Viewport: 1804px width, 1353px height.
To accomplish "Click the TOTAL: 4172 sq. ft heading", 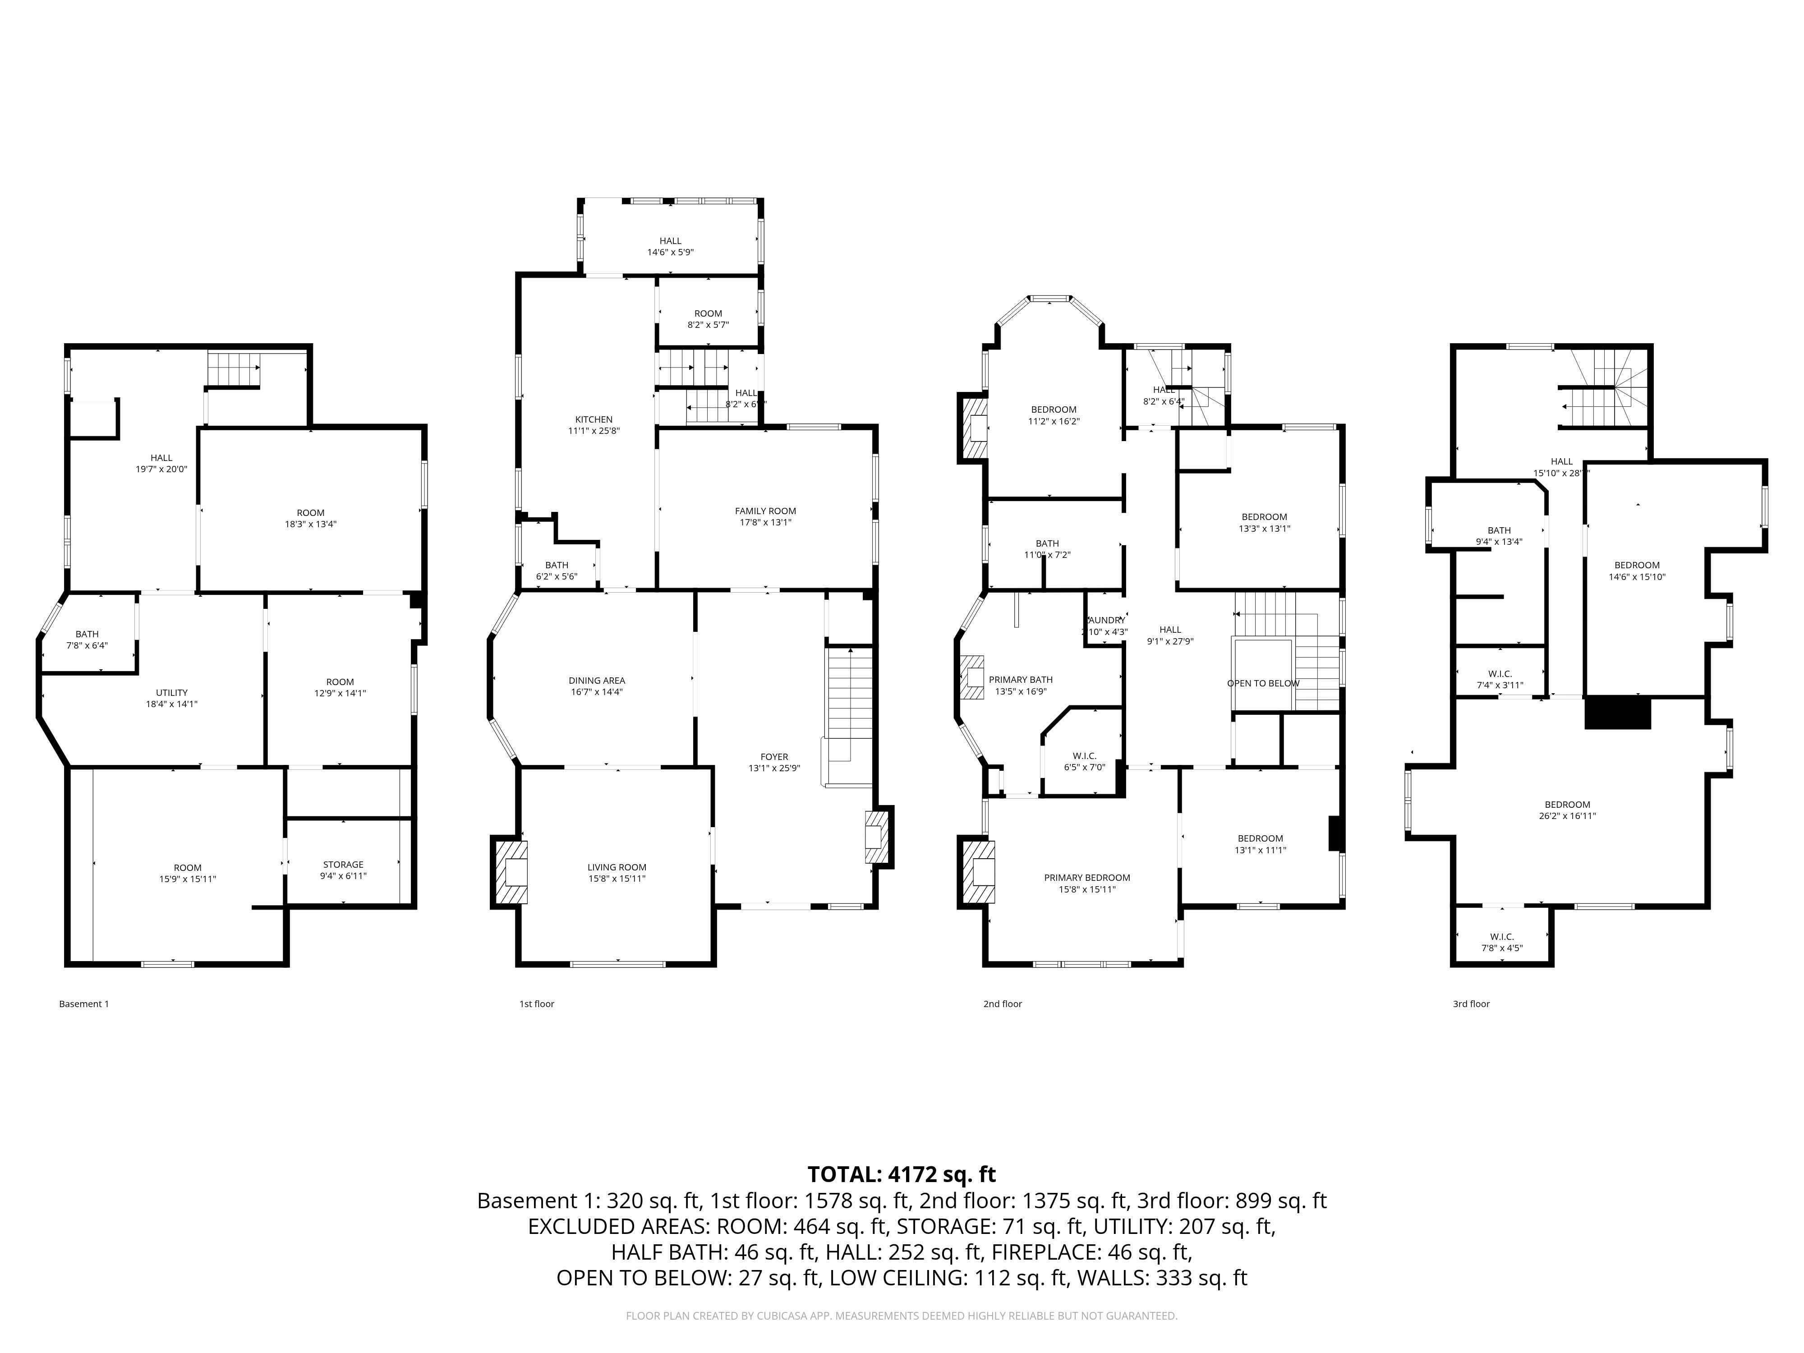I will pyautogui.click(x=901, y=1174).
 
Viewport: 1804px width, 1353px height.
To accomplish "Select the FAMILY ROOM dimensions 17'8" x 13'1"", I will pyautogui.click(x=765, y=523).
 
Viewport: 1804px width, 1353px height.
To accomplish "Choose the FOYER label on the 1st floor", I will pyautogui.click(x=774, y=757).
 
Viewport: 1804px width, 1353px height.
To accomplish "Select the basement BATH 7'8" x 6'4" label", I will pyautogui.click(x=87, y=640).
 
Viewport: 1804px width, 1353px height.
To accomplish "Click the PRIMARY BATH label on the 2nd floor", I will pyautogui.click(x=1020, y=679).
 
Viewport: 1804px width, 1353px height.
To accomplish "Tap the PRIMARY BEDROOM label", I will pyautogui.click(x=1087, y=878).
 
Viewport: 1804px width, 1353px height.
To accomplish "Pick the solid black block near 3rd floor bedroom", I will pyautogui.click(x=1617, y=713).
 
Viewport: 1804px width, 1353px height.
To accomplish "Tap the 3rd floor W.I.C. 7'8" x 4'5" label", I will pyautogui.click(x=1501, y=942).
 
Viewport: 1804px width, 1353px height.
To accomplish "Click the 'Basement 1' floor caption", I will pyautogui.click(x=84, y=1004).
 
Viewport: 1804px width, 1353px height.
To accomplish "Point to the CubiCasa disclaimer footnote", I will pyautogui.click(x=901, y=1316).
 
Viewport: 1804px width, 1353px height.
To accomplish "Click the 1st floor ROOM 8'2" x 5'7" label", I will pyautogui.click(x=708, y=319).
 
